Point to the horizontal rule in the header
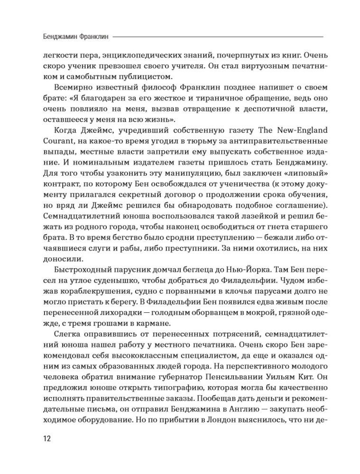click(218, 36)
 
